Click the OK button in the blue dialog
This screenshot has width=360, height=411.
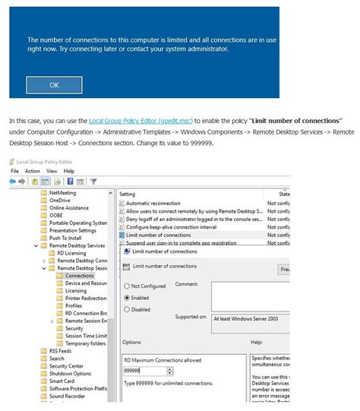click(54, 85)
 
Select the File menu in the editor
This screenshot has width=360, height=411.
click(14, 171)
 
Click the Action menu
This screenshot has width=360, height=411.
click(33, 171)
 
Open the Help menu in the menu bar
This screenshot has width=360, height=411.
click(69, 171)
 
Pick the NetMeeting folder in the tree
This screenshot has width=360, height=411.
click(62, 194)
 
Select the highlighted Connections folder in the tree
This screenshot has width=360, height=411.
click(79, 276)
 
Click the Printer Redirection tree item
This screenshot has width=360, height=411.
click(85, 299)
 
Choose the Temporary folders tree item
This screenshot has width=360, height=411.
click(86, 343)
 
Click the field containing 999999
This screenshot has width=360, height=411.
click(148, 371)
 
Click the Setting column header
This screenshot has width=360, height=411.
click(128, 194)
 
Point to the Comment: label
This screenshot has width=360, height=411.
click(186, 284)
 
